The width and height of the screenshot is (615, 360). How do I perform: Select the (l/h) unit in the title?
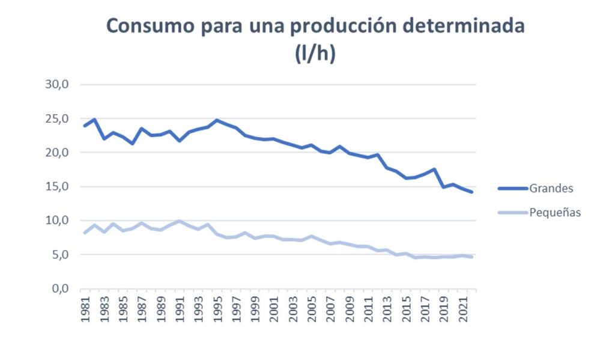pos(315,53)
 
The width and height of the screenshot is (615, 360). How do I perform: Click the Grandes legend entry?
pos(551,188)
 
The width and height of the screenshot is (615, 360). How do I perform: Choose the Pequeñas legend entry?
pos(554,212)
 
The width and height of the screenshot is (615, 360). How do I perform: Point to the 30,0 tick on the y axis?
pos(58,84)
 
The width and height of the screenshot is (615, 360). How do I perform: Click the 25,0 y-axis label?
pos(58,118)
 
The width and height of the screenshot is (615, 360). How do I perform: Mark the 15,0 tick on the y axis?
pos(58,186)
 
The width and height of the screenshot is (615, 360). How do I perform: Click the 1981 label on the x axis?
pos(85,309)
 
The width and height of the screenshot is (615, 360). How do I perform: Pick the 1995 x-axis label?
pos(217,309)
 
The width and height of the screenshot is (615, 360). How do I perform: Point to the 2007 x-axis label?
pos(330,309)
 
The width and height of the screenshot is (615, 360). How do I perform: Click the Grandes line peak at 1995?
pos(217,120)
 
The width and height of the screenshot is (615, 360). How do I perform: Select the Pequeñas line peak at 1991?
pos(179,221)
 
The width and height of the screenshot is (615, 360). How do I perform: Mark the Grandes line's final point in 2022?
pos(472,192)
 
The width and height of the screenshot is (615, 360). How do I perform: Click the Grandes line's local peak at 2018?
pos(434,169)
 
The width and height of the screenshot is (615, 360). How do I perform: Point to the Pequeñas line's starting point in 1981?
pos(85,233)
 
